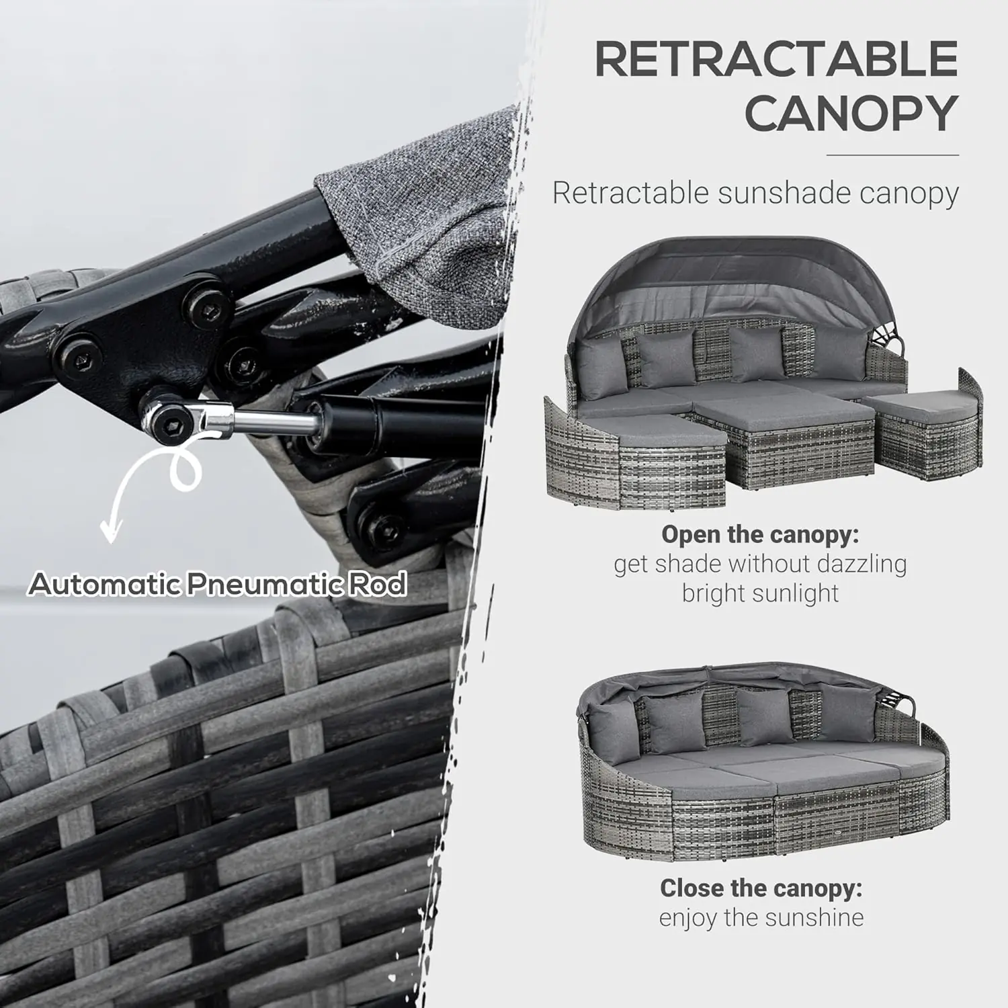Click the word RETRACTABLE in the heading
tap(776, 59)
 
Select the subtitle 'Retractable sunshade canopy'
tap(755, 193)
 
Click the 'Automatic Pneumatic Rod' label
tap(217, 584)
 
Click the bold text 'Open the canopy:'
tap(760, 535)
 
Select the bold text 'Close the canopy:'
tap(761, 888)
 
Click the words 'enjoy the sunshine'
tap(761, 917)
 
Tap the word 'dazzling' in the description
tap(861, 564)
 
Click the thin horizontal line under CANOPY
tap(892, 155)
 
